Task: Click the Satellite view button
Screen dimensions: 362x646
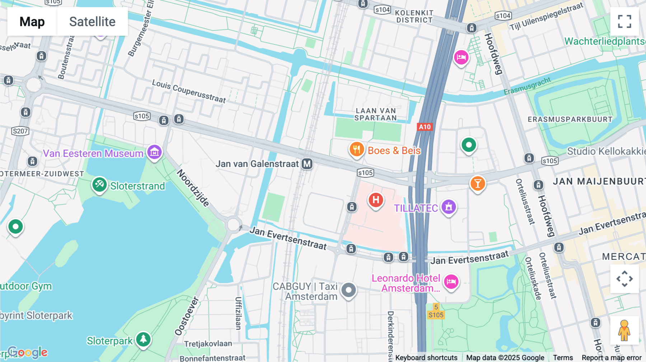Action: (92, 22)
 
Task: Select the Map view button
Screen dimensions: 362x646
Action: (32, 22)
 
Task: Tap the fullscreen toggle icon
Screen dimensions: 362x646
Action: (624, 22)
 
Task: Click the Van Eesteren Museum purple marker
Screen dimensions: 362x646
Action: (155, 152)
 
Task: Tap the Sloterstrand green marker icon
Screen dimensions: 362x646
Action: (99, 185)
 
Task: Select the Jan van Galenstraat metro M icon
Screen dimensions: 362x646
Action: (307, 164)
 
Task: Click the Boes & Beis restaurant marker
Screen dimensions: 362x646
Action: (356, 149)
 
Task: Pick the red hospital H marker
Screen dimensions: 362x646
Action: (375, 200)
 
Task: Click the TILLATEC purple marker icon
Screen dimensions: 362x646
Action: (449, 207)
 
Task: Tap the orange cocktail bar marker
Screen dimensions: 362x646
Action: (477, 184)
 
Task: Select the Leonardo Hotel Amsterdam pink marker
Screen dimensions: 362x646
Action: (451, 282)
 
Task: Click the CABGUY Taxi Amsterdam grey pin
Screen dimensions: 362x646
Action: (348, 290)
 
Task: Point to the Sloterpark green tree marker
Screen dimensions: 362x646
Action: (143, 339)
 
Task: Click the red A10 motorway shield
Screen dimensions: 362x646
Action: (425, 127)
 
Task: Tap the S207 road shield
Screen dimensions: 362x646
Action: (20, 131)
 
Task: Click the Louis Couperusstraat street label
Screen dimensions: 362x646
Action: (189, 91)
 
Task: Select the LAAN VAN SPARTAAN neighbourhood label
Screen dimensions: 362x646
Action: (376, 114)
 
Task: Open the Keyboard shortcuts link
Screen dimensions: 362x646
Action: (426, 358)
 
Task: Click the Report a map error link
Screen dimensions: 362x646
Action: (611, 358)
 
